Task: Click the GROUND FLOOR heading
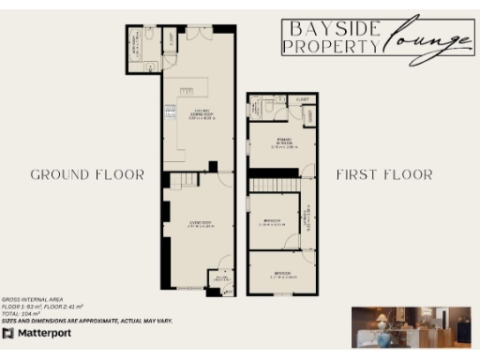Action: click(87, 175)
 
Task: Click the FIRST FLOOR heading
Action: click(384, 175)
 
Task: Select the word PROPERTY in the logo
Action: click(330, 46)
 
